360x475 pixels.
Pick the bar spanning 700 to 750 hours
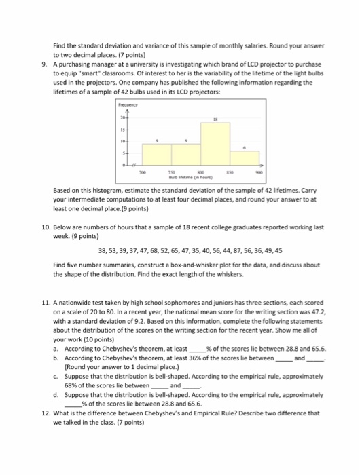tap(156, 156)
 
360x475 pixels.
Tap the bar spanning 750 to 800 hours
tap(186, 156)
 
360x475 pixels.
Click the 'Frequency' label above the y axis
tap(127, 106)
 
